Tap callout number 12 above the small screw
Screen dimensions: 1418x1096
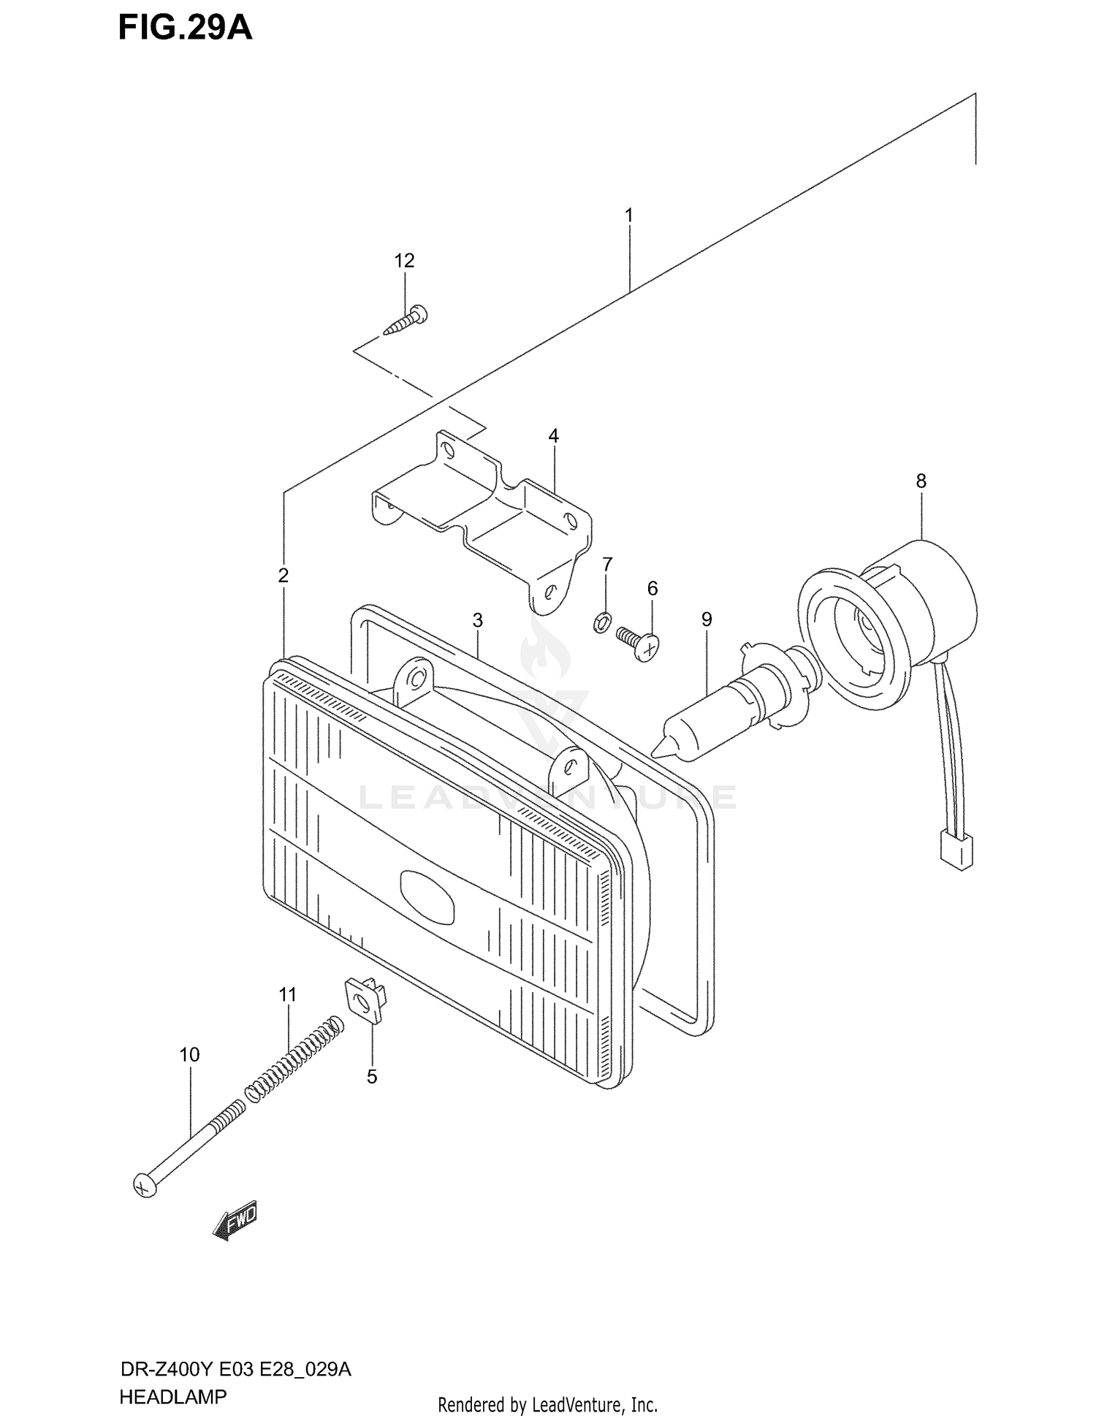tap(404, 261)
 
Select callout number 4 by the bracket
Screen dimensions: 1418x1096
tap(553, 436)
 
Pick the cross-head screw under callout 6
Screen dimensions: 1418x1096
tap(639, 644)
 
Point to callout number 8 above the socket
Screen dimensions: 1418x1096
tap(921, 481)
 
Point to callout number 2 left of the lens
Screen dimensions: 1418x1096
tap(283, 576)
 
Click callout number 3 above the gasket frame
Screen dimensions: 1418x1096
tap(477, 620)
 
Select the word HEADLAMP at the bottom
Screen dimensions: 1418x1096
tap(172, 1397)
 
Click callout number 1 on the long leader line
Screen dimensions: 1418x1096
tap(628, 216)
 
